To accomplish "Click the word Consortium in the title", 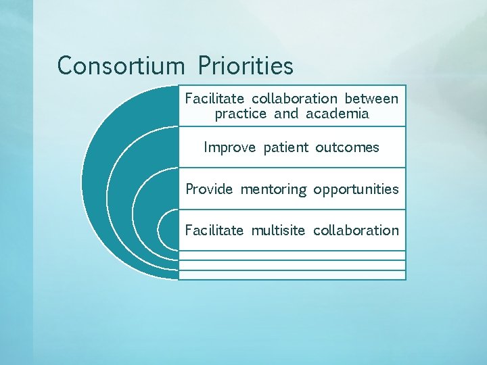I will (120, 66).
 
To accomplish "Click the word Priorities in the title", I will (246, 66).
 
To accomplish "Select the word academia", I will (338, 114).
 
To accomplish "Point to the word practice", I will (241, 114).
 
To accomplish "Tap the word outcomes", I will (347, 147).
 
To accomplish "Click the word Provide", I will (209, 189).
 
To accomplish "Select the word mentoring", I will (273, 190).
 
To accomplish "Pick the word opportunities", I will (356, 190).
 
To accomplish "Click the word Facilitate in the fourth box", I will (214, 230).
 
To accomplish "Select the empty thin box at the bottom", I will (292, 274).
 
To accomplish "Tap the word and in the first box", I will (286, 114).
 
